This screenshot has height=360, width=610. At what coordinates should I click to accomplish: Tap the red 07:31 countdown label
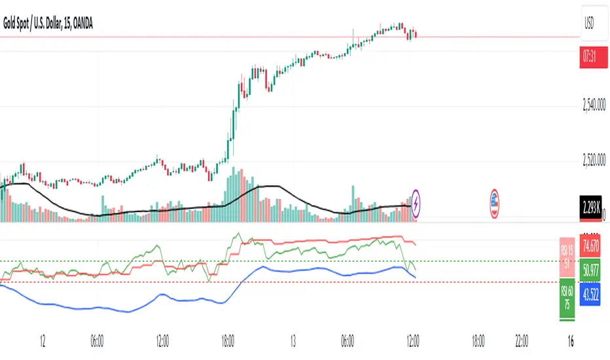pos(591,58)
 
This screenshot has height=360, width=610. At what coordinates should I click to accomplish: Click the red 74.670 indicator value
pos(591,246)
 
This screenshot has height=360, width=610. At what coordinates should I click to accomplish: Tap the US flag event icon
pos(495,201)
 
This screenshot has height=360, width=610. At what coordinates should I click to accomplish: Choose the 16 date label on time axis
pos(571,342)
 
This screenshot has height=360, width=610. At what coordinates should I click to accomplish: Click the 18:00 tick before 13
pos(228,342)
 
